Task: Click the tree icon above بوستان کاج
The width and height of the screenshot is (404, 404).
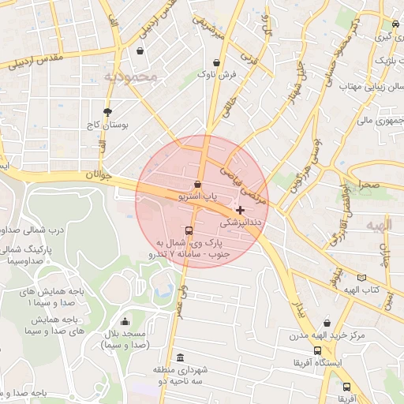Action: point(107,112)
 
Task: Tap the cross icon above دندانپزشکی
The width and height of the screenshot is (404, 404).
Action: point(240,210)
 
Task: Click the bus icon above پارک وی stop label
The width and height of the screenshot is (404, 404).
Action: point(189,231)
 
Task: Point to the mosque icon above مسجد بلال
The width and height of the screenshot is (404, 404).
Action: point(125,321)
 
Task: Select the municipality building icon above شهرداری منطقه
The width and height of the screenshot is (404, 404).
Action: point(181,357)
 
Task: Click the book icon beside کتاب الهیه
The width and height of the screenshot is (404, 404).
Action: point(362,277)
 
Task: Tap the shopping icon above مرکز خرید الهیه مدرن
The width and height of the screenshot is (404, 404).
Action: point(318,324)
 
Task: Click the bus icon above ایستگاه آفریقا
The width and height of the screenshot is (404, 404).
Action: point(316,350)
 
